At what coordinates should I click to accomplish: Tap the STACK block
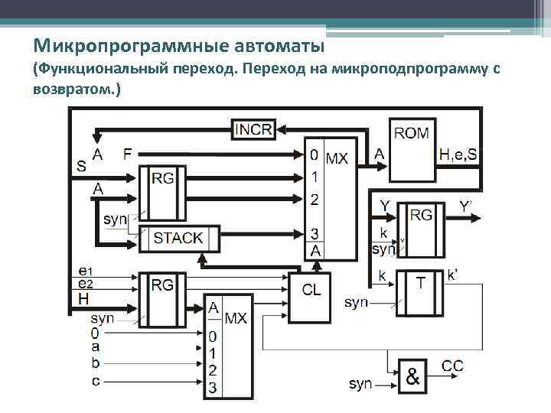click(178, 238)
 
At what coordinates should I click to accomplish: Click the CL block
click(311, 290)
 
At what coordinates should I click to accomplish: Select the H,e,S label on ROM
click(458, 155)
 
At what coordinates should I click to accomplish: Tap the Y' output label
click(465, 206)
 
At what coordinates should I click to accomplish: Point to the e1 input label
click(85, 271)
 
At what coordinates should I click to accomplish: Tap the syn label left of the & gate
click(360, 382)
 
